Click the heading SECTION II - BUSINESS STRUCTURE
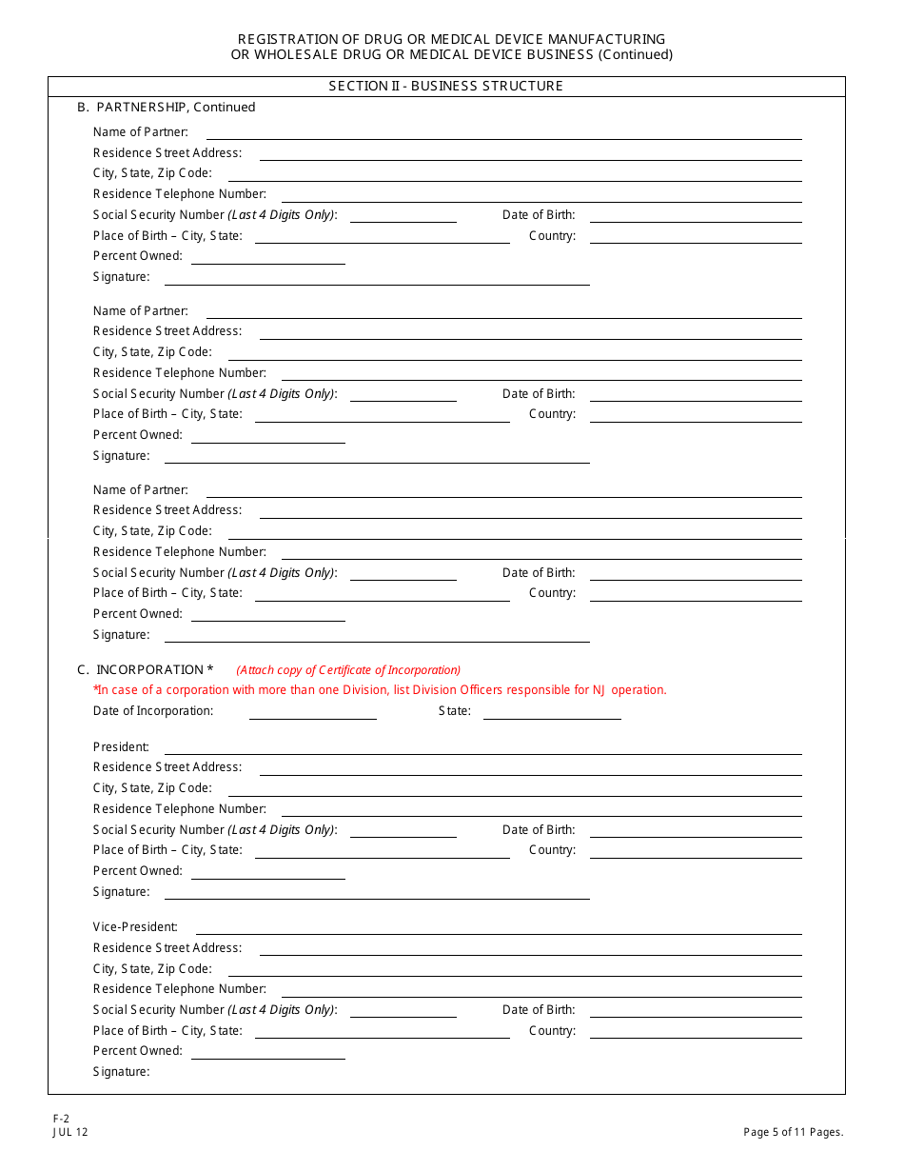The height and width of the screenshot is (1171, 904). point(445,86)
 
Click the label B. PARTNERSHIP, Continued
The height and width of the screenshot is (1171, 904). point(167,108)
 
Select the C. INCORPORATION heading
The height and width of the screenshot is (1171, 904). point(145,669)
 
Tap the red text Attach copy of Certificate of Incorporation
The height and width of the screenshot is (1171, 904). point(348,670)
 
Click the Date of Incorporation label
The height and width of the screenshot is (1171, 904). point(153,711)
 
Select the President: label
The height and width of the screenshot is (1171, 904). point(121,747)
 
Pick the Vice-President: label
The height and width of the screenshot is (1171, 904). point(135,927)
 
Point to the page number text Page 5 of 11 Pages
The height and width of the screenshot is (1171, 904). point(793,1132)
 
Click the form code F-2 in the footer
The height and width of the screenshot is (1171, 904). point(61,1120)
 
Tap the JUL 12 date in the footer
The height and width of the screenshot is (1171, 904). point(70,1132)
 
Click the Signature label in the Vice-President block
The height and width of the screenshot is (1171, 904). point(121,1072)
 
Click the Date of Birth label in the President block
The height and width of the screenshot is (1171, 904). point(539,830)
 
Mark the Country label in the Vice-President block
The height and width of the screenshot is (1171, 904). point(552,1031)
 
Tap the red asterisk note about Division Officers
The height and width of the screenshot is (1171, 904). point(380,690)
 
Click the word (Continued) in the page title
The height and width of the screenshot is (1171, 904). point(636,54)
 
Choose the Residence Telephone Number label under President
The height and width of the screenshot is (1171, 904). point(179,809)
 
